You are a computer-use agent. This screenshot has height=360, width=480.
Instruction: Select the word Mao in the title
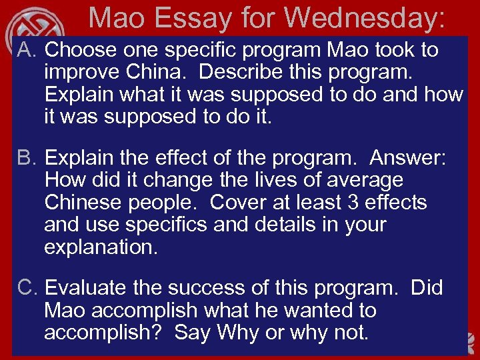pos(121,18)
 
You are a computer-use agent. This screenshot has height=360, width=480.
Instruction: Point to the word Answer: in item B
pos(408,158)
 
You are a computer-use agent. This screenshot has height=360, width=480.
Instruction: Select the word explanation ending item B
pos(100,247)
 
